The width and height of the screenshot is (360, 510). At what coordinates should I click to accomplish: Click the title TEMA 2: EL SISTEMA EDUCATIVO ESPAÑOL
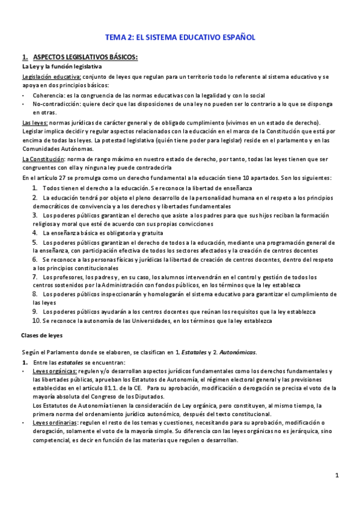[x=180, y=37]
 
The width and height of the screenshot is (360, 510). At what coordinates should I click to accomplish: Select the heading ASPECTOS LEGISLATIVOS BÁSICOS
[x=85, y=57]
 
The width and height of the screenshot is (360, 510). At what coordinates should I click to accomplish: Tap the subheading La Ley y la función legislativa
[x=62, y=67]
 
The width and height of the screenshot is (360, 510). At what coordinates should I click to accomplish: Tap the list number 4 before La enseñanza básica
[x=35, y=232]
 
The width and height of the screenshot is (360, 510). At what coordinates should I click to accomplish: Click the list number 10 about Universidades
[x=36, y=321]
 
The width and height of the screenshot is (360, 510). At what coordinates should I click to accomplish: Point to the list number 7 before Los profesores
[x=35, y=276]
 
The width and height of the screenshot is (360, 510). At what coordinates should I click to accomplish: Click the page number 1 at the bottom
[x=337, y=476]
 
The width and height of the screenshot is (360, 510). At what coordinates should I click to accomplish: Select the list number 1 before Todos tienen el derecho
[x=35, y=188]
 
